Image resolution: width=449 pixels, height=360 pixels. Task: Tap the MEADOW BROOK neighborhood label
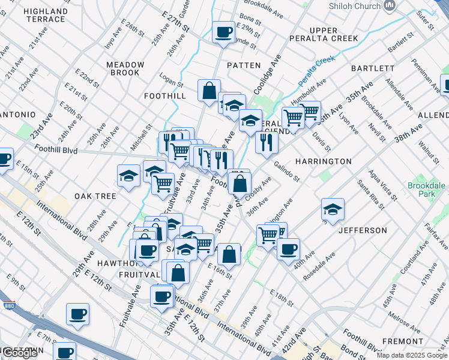click(x=125, y=68)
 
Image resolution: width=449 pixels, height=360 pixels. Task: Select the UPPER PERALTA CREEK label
click(x=333, y=34)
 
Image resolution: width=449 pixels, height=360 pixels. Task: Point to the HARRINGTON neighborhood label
click(x=323, y=161)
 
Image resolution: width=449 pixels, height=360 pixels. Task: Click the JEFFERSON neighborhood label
click(x=363, y=230)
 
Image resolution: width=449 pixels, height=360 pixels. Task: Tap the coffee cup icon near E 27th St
click(x=224, y=32)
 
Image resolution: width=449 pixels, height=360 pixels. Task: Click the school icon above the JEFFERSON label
click(x=333, y=209)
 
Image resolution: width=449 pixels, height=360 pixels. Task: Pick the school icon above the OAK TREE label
click(x=128, y=176)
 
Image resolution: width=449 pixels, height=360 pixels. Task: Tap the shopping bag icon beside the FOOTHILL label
click(x=209, y=91)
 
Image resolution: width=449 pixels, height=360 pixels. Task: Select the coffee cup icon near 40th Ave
click(x=288, y=248)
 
